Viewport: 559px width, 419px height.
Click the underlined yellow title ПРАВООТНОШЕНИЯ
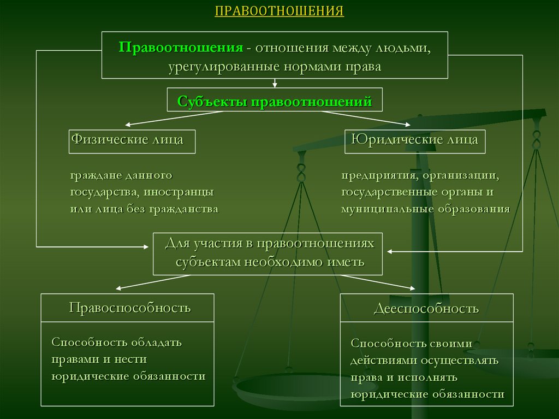point(279,11)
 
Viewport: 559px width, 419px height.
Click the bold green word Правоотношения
point(181,48)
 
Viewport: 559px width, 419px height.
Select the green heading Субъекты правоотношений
point(275,102)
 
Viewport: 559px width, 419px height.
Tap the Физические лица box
point(132,141)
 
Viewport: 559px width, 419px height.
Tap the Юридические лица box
point(415,141)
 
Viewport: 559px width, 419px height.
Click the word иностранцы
point(179,192)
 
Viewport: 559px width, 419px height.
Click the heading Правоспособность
point(130,308)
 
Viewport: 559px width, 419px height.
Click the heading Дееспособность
point(426,308)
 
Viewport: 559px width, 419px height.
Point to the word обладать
point(157,343)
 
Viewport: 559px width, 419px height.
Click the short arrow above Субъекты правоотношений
point(275,83)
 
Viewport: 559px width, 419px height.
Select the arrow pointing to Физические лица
point(174,119)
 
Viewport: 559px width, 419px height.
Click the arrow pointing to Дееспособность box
point(378,282)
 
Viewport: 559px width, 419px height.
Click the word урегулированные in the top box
point(224,67)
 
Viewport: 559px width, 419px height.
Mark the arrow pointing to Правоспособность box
point(153,282)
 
